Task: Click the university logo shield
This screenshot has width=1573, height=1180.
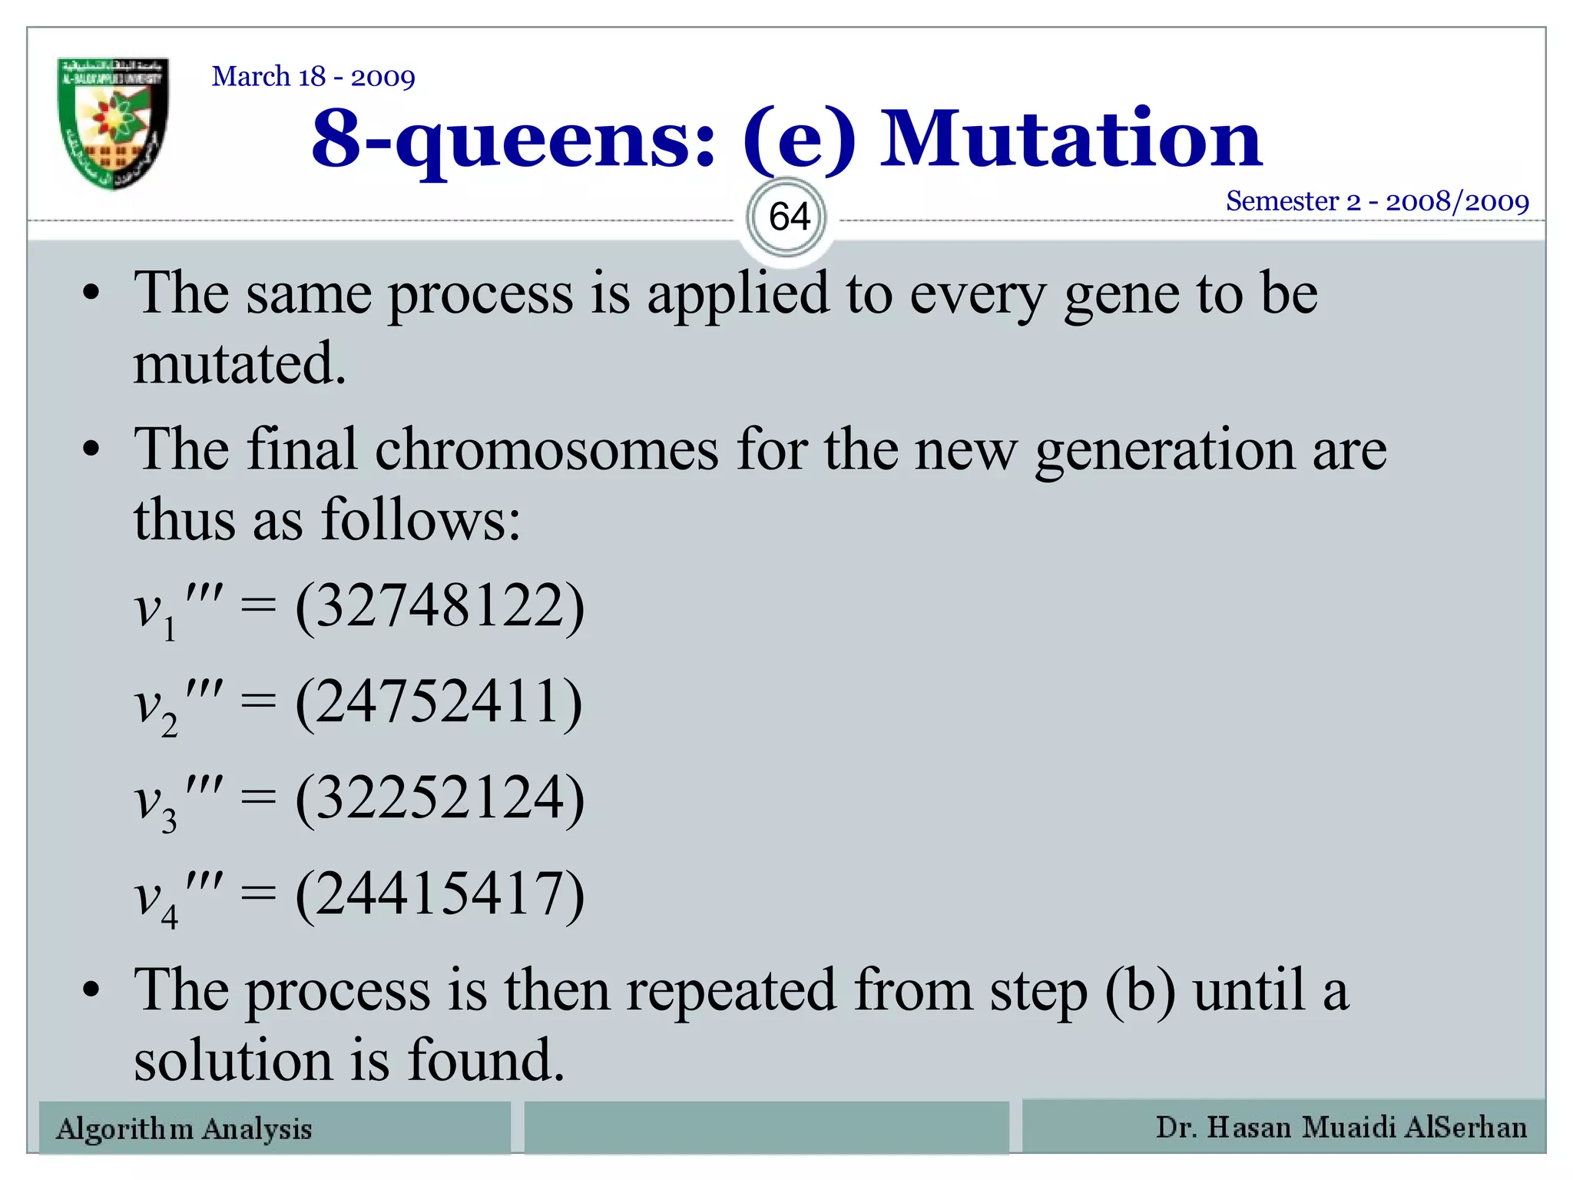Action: click(114, 123)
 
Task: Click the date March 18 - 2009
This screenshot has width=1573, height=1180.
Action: click(313, 77)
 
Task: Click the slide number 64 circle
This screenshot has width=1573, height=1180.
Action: click(789, 217)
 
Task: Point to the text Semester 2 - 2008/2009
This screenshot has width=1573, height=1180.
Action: click(1376, 201)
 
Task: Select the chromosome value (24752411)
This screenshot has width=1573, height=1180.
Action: click(439, 702)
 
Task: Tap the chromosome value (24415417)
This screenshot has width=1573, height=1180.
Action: click(439, 894)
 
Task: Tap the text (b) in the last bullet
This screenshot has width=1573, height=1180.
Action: click(1139, 991)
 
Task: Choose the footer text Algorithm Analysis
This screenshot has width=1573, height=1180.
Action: click(184, 1129)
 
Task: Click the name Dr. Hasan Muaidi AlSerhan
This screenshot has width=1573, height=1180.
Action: click(1340, 1127)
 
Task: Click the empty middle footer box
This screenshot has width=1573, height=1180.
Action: click(766, 1127)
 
